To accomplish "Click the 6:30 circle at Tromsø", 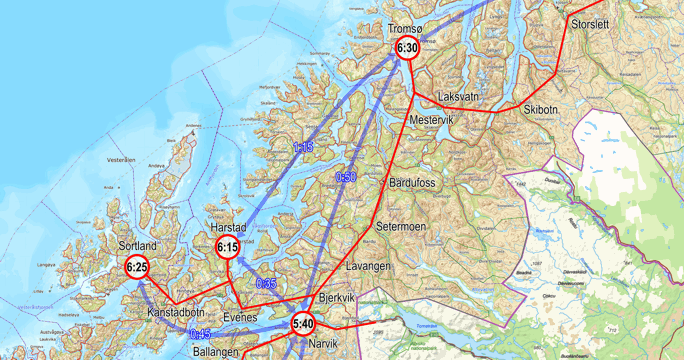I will click(406, 48).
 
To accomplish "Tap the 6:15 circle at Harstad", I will click(227, 247).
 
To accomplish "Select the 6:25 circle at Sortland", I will click(137, 267).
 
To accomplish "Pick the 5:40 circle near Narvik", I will click(303, 323).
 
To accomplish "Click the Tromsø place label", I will click(405, 29).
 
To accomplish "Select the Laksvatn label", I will click(459, 97).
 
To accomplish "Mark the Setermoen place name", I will click(402, 227).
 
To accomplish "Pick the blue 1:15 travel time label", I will click(303, 147).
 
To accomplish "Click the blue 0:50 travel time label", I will click(346, 177).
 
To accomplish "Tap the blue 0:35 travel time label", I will click(266, 284).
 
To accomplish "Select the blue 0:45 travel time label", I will click(200, 334).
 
